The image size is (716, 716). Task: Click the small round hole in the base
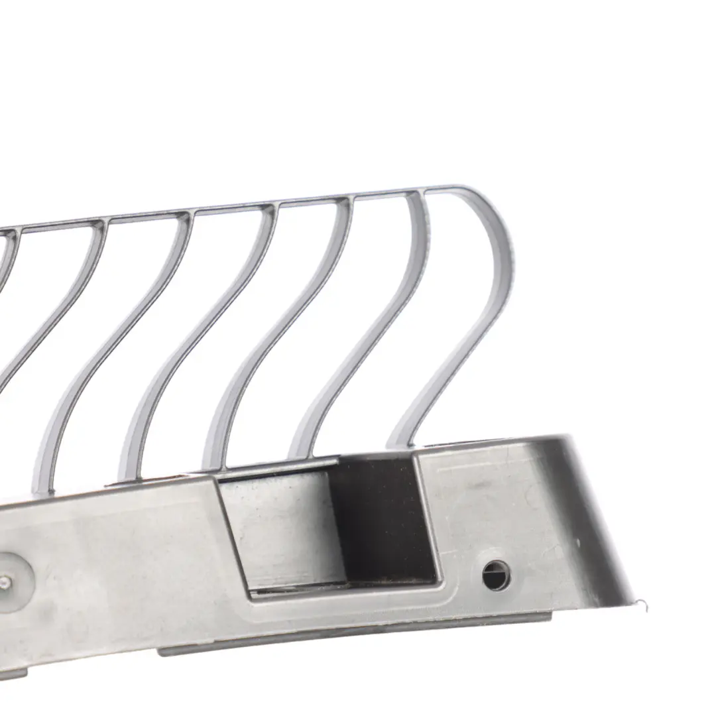pos(495,575)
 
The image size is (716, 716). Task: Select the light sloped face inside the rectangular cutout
pos(285,530)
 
